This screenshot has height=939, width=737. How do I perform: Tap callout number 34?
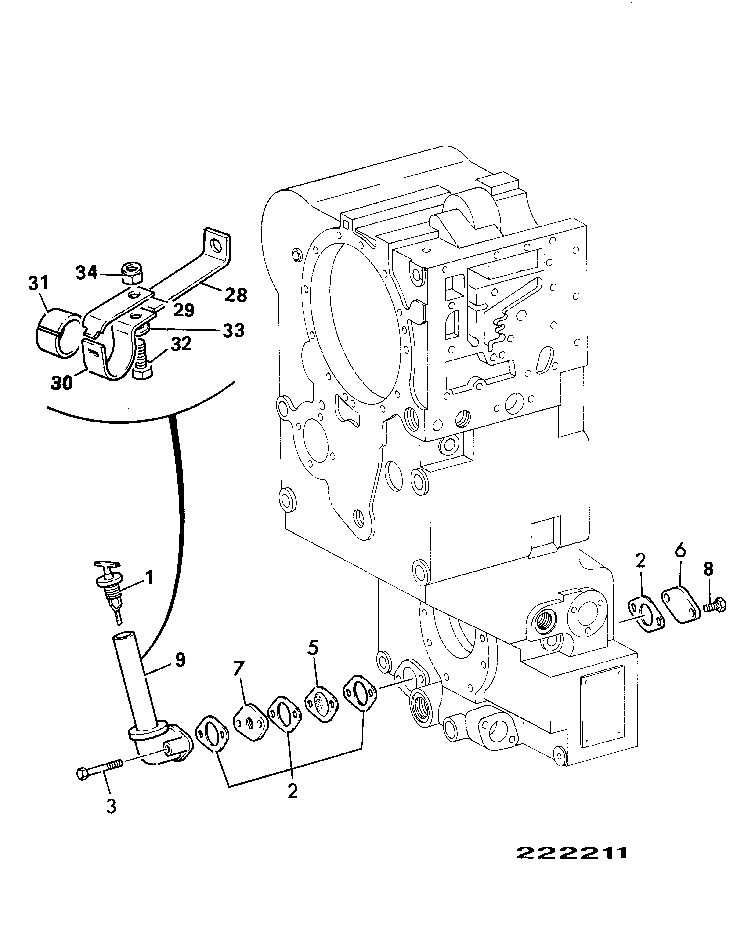[x=88, y=273]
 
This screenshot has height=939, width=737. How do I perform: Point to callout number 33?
[x=233, y=330]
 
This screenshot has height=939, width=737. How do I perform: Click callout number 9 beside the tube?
[x=179, y=660]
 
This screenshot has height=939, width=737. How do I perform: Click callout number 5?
[x=312, y=649]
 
